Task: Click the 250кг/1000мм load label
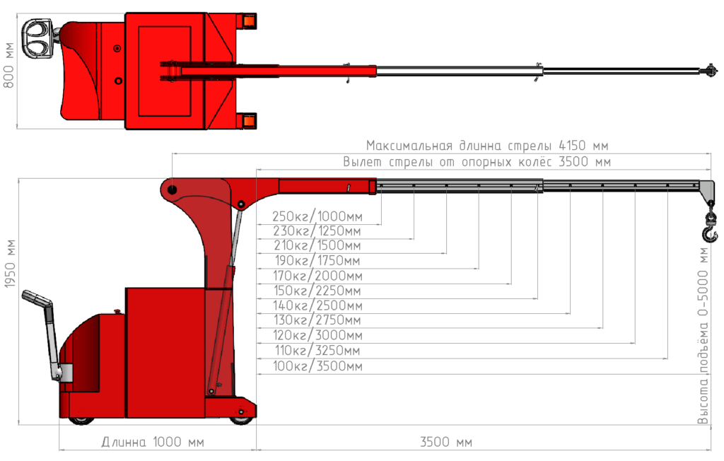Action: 317,216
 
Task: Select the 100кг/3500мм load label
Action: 317,366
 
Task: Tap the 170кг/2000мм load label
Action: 317,276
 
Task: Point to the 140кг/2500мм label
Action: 317,305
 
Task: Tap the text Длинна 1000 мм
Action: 152,443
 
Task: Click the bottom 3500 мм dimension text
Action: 445,443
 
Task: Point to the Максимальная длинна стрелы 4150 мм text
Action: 486,146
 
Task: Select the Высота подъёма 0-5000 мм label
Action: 703,335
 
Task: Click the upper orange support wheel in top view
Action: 248,21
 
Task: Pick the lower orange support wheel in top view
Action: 248,122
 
